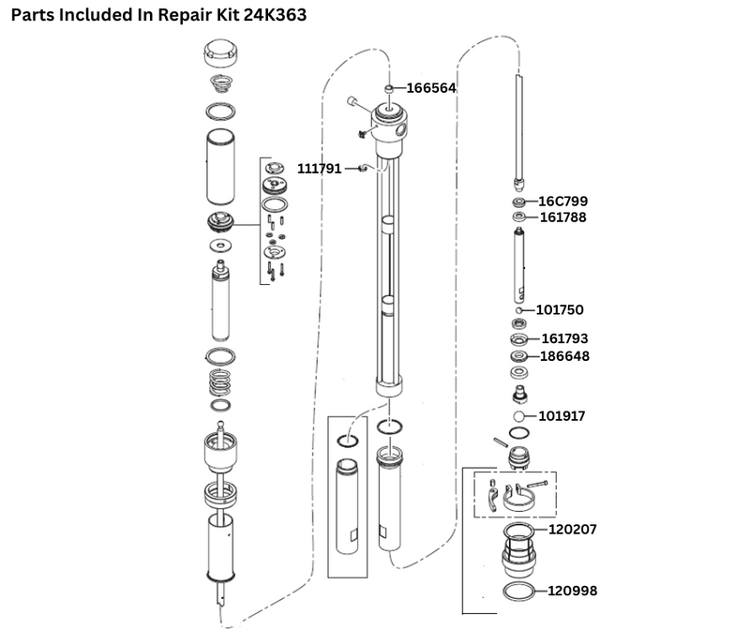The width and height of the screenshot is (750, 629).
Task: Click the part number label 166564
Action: point(430,88)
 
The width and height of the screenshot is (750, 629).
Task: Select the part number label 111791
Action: point(320,169)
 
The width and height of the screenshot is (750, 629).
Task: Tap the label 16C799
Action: point(563,201)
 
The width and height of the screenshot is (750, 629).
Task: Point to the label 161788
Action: point(563,217)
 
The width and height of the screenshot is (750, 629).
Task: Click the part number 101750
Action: point(561,309)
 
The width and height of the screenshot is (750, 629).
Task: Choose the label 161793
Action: point(565,338)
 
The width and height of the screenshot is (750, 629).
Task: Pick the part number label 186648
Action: point(565,356)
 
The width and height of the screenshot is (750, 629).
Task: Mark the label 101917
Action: point(561,416)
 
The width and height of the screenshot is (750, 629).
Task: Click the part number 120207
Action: point(571,530)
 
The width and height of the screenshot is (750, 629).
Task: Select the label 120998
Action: point(571,592)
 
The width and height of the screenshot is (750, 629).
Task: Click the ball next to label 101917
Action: point(517,416)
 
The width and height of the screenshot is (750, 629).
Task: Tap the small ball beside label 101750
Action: point(517,309)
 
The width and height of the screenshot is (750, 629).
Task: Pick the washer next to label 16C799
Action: point(517,202)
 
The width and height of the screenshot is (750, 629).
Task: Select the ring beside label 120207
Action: point(518,532)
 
